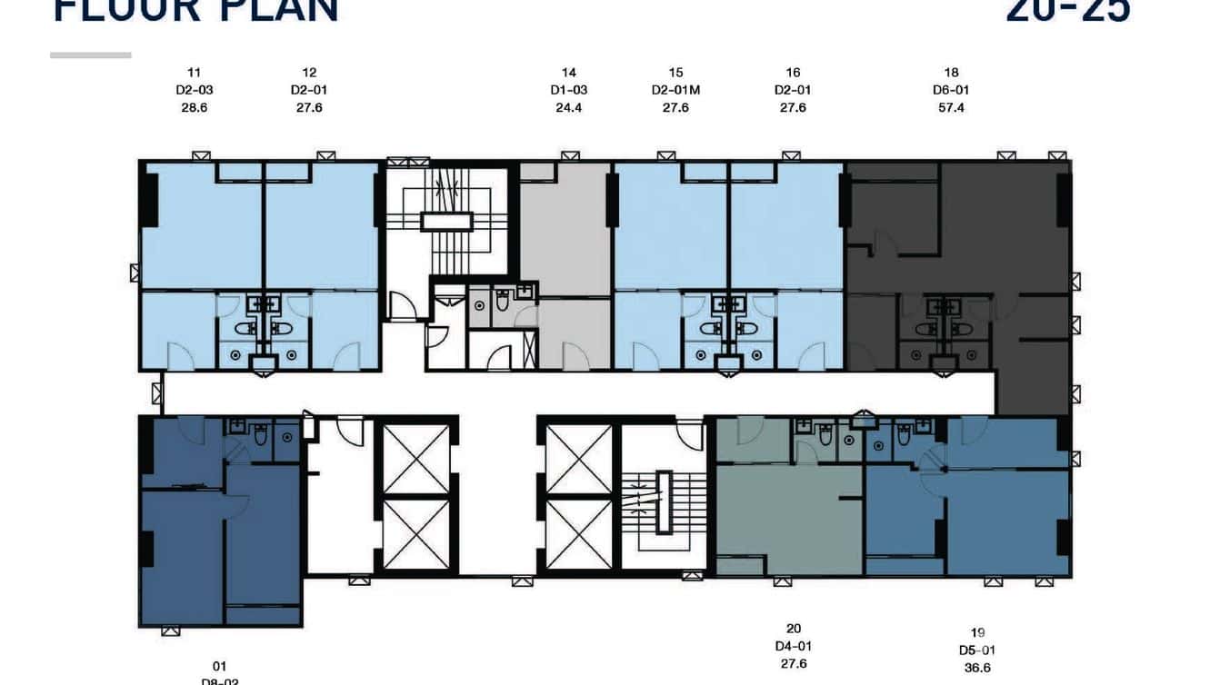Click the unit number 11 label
coord(194,73)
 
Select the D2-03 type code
coord(194,90)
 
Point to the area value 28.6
coord(194,107)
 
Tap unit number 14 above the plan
coord(569,73)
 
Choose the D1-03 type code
coord(569,90)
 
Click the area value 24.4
coord(569,107)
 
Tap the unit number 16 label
coord(793,73)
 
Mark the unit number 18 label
coord(951,73)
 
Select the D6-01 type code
coord(951,90)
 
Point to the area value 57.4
coord(951,107)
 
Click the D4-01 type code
coord(793,646)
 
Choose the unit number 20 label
coord(793,629)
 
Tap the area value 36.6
coord(977,668)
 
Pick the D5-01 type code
coord(977,650)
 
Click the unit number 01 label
coord(219,666)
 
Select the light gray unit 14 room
coord(565,236)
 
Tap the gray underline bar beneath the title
coord(91,55)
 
